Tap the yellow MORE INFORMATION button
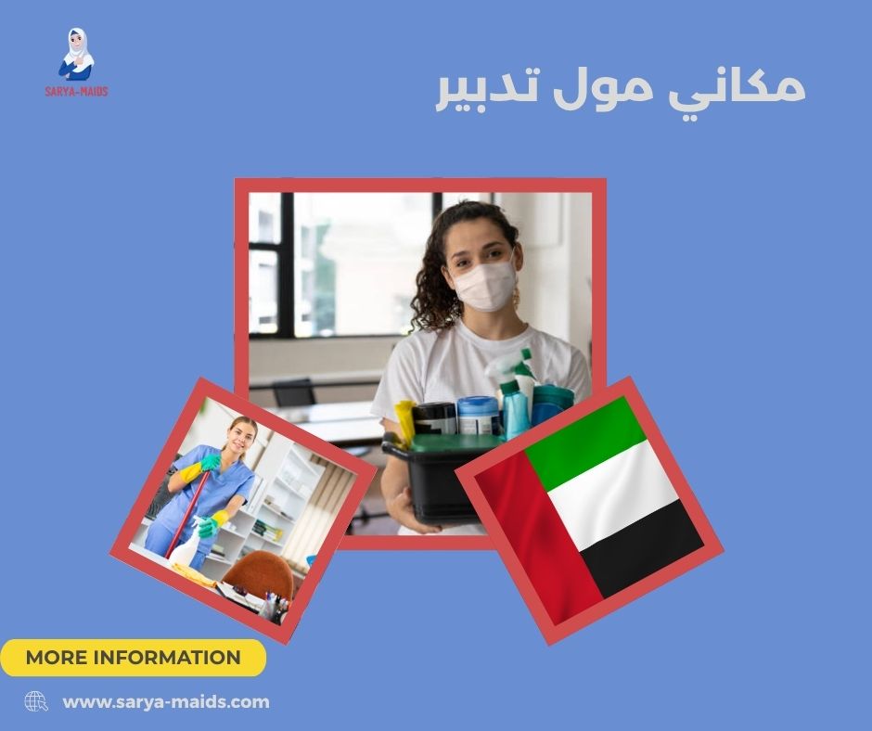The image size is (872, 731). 133,658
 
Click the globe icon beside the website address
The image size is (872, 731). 36,701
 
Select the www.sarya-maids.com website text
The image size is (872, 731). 166,702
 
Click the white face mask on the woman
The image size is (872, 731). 482,284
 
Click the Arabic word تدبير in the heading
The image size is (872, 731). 481,91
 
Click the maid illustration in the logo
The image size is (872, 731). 78,56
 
